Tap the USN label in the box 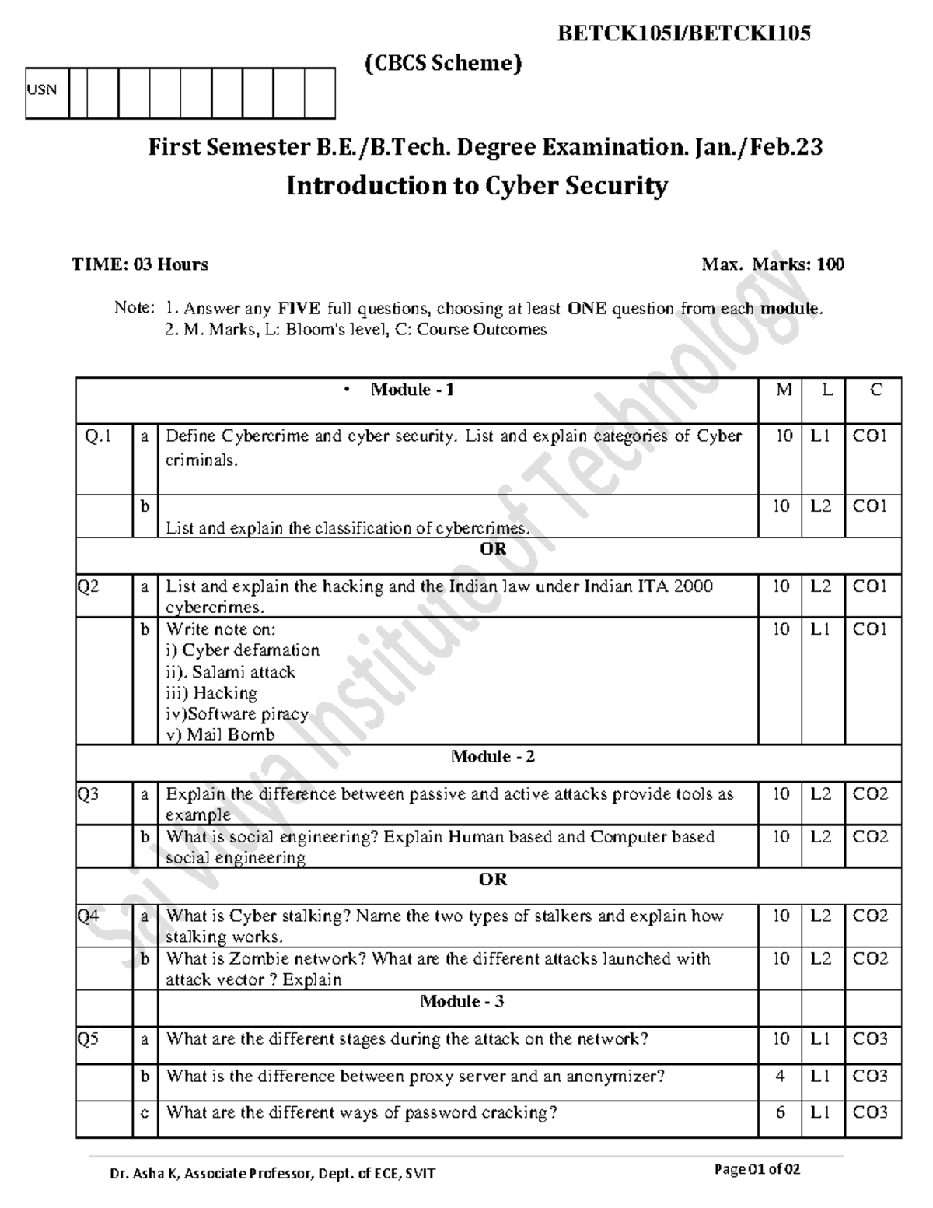(x=42, y=89)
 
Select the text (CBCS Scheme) (x=443, y=63)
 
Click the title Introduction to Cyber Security (x=477, y=186)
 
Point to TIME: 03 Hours (x=140, y=264)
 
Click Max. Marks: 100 (x=772, y=264)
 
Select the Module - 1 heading (x=412, y=390)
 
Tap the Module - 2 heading (x=493, y=756)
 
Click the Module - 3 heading (x=462, y=1001)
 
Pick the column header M (x=784, y=390)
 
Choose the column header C (x=875, y=390)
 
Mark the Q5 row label (x=88, y=1038)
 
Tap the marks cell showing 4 (x=781, y=1076)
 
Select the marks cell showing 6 (x=781, y=1112)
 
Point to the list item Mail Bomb (x=231, y=734)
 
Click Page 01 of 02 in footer (x=757, y=1169)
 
